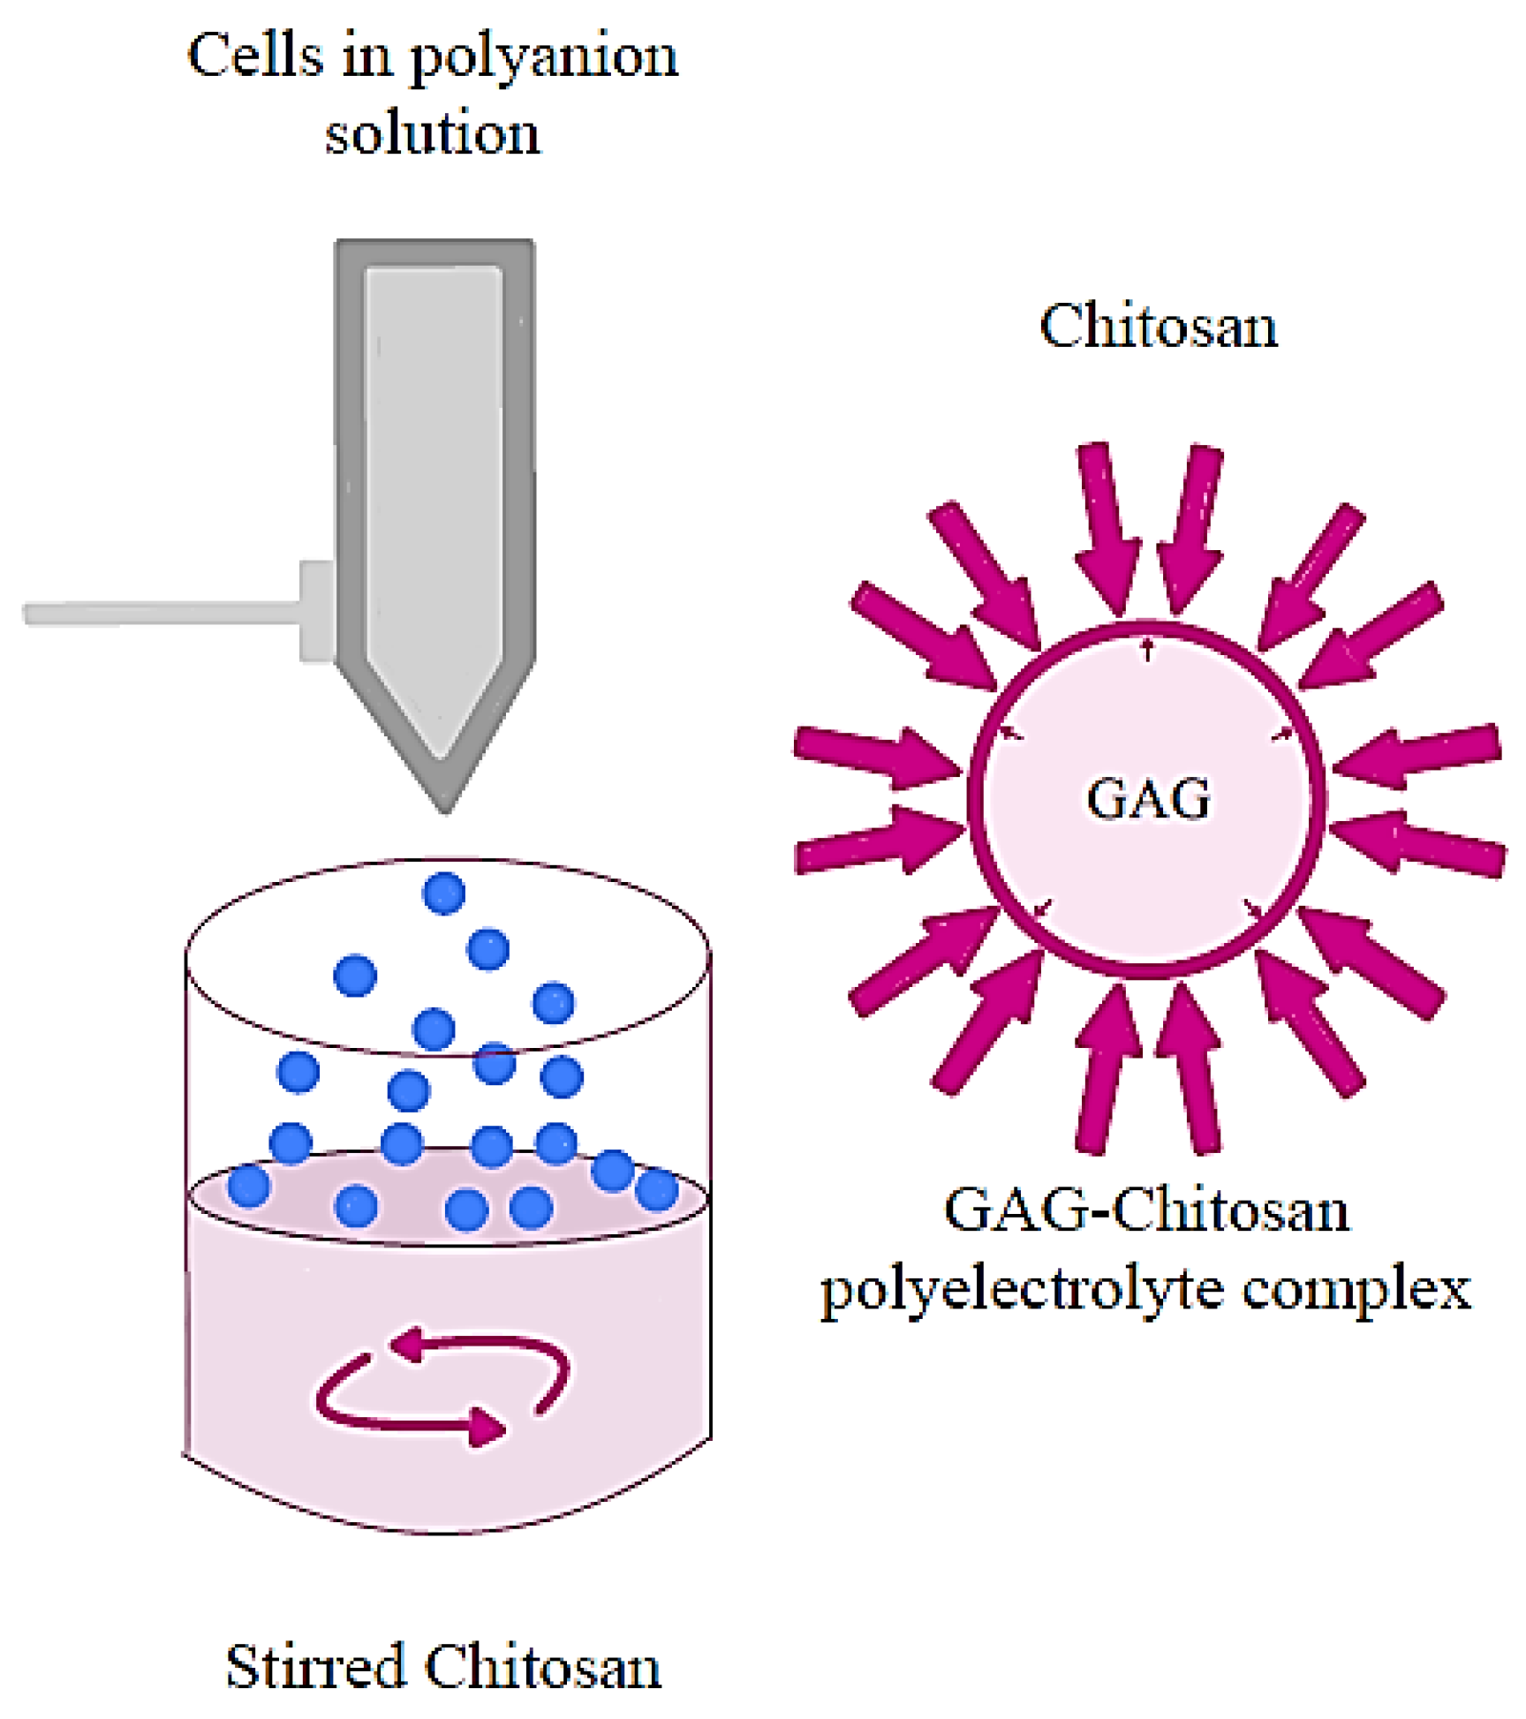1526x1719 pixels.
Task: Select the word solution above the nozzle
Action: tap(432, 134)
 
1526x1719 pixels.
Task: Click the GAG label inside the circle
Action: tap(1147, 799)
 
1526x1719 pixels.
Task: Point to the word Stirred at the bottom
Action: tap(314, 1667)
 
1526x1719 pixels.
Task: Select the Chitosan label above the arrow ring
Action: tap(1158, 327)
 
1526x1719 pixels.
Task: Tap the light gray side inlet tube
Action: tap(159, 613)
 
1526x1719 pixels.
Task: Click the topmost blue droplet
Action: tap(443, 893)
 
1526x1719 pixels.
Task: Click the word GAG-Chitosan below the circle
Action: tap(1145, 1210)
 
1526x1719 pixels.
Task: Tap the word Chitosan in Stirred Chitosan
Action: tap(542, 1667)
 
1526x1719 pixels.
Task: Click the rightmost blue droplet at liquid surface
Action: tap(657, 1188)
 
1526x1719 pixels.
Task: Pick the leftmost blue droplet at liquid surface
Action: tap(248, 1185)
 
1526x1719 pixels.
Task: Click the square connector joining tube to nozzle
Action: tap(316, 611)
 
